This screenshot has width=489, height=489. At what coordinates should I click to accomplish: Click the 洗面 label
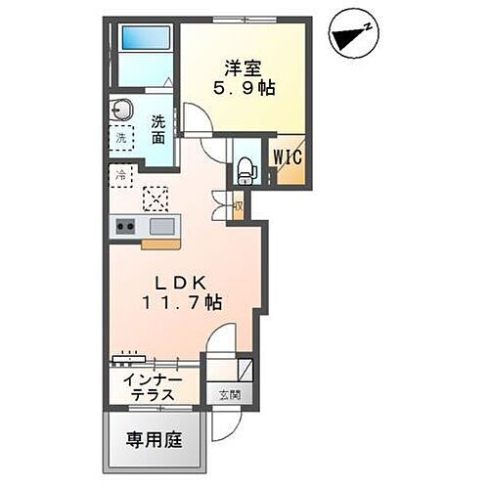pos(158,129)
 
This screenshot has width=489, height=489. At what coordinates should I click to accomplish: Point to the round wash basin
pos(123,108)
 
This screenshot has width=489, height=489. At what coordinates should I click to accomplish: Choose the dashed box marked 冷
pos(119,176)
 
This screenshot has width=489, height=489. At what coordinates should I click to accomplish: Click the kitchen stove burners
pos(126,228)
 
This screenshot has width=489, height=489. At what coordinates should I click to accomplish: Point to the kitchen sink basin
pos(163,227)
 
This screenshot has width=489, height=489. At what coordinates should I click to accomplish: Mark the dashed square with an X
pos(156,199)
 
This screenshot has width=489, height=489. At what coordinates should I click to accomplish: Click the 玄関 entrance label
pos(227,395)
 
